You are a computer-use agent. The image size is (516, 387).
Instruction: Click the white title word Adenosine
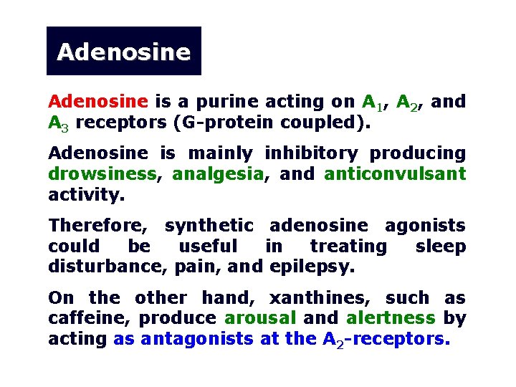click(123, 52)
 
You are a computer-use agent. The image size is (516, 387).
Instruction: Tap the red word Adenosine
click(98, 102)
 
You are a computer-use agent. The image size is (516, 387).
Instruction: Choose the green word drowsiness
click(101, 174)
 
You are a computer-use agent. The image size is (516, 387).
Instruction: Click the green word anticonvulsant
click(395, 174)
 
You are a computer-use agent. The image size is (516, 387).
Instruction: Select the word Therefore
click(98, 226)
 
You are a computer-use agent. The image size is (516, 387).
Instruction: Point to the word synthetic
click(209, 226)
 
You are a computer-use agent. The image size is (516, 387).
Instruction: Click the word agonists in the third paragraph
click(425, 226)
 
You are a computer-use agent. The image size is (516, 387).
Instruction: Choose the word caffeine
click(90, 318)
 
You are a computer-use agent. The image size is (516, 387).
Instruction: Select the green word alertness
click(391, 318)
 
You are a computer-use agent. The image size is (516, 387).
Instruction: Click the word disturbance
click(109, 267)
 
